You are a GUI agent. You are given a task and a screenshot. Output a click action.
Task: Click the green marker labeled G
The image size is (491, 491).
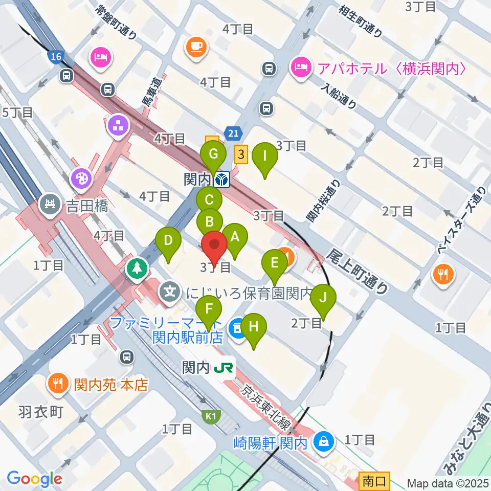214,154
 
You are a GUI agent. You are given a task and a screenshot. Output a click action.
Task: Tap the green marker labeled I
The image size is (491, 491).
264,155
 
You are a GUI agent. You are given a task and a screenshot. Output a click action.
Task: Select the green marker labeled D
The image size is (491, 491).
168,240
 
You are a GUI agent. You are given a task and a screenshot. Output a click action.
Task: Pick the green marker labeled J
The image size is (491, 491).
323,297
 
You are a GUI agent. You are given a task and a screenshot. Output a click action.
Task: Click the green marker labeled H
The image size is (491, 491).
254,326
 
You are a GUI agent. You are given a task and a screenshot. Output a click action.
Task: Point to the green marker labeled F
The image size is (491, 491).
208,309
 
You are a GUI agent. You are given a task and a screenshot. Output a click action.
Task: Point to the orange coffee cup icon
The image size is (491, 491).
197,47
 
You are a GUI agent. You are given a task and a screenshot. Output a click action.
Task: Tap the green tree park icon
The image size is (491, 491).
138,267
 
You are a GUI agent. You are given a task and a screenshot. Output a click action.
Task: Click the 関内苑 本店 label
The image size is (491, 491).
110,385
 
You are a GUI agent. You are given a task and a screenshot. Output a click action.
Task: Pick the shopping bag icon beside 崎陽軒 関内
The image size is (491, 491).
323,439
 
